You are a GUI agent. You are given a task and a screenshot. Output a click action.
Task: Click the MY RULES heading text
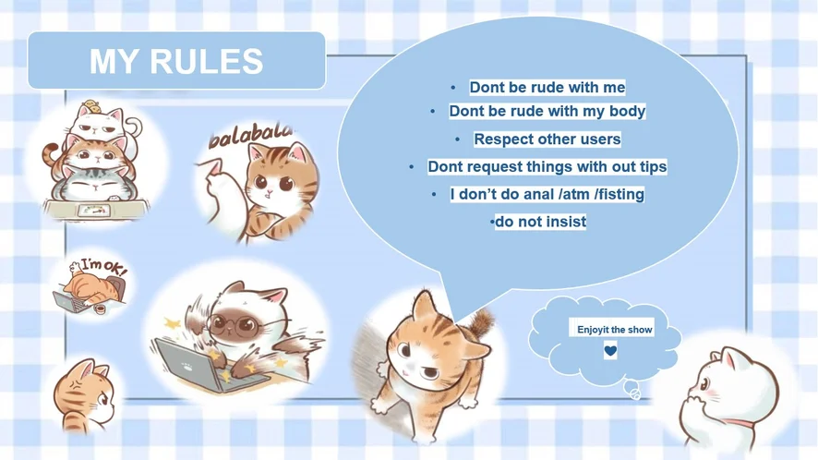pos(176,61)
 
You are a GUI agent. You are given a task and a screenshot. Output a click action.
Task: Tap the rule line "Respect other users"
pos(547,139)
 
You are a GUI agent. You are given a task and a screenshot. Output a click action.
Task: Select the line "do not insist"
pos(540,222)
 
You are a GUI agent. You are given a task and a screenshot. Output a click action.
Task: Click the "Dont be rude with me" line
pos(547,87)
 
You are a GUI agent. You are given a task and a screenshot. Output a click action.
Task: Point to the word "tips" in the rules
pos(653,167)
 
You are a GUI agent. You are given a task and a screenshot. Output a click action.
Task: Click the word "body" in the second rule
pos(628,112)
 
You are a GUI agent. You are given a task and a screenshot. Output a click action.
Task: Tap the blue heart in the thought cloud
pos(610,351)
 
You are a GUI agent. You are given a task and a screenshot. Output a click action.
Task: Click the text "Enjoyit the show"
pos(615,330)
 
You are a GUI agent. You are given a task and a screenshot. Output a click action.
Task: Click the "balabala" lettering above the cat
pos(250,135)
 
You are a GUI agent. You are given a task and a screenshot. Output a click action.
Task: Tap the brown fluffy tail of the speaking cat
pos(480,322)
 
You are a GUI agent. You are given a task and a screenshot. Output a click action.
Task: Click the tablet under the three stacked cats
pos(94,211)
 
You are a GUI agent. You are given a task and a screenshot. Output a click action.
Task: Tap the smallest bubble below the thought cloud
pos(635,394)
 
